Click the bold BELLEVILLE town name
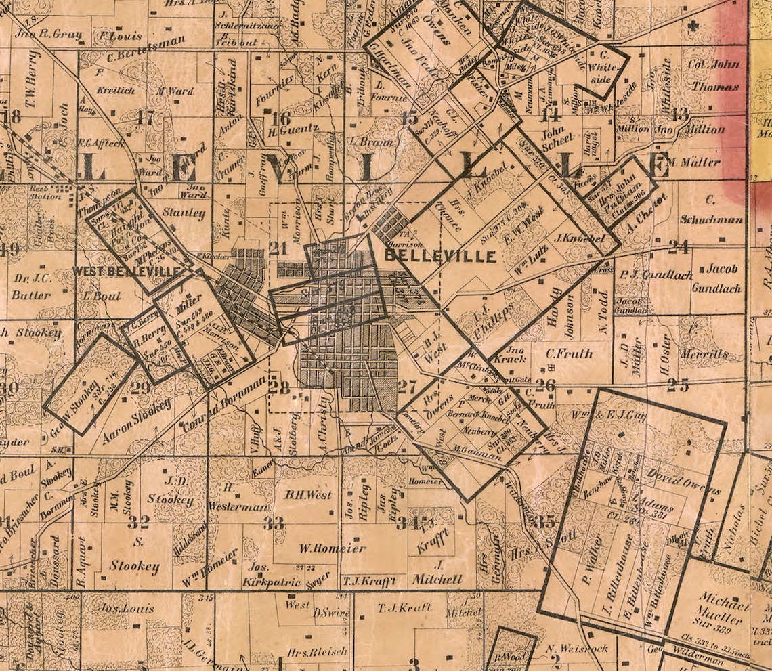(440, 257)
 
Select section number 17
(145, 116)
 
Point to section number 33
(274, 523)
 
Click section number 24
(678, 246)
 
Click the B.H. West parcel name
(308, 495)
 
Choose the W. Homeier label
(333, 548)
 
